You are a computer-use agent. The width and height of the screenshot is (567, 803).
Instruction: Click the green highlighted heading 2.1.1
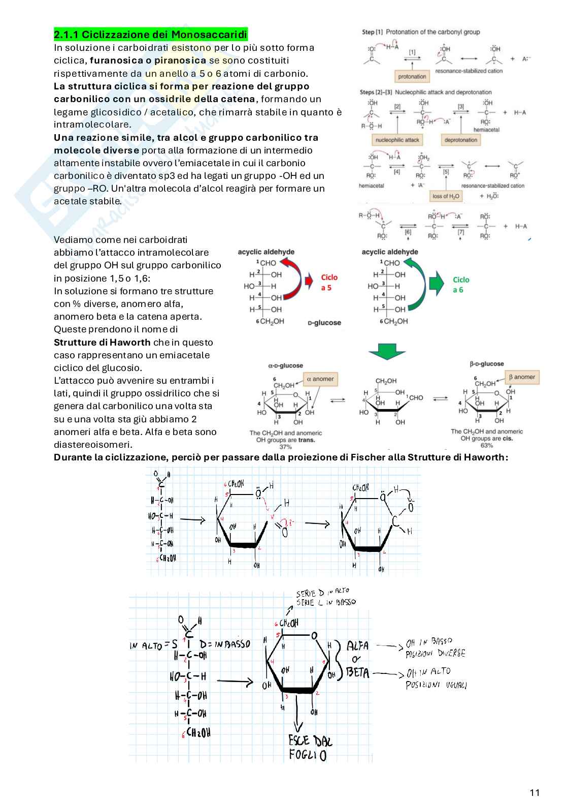[151, 35]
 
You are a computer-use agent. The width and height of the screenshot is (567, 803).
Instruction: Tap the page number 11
[535, 792]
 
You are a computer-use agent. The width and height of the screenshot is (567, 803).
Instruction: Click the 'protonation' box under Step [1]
[412, 76]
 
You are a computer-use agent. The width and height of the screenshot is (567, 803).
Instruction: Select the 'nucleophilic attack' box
[397, 140]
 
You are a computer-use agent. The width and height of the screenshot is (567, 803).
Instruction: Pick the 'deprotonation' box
[461, 140]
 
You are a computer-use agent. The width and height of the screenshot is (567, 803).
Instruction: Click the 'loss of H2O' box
[447, 196]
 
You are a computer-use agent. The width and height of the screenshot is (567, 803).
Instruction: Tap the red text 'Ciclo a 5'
[329, 283]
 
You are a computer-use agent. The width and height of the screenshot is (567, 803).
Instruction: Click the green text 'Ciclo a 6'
[461, 285]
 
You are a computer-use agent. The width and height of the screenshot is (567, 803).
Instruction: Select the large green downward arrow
[386, 354]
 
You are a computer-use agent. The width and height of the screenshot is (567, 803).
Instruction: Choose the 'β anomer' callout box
[521, 377]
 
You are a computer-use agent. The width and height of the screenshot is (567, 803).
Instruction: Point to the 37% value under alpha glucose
[285, 447]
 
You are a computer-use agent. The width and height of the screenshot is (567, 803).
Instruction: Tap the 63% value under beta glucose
[487, 445]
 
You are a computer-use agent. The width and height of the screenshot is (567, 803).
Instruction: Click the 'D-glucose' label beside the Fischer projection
[324, 323]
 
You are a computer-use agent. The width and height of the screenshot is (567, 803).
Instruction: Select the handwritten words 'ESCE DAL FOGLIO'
[310, 747]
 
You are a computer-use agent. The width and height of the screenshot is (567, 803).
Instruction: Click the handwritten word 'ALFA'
[357, 646]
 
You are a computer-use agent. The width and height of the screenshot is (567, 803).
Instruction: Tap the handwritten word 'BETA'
[358, 672]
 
